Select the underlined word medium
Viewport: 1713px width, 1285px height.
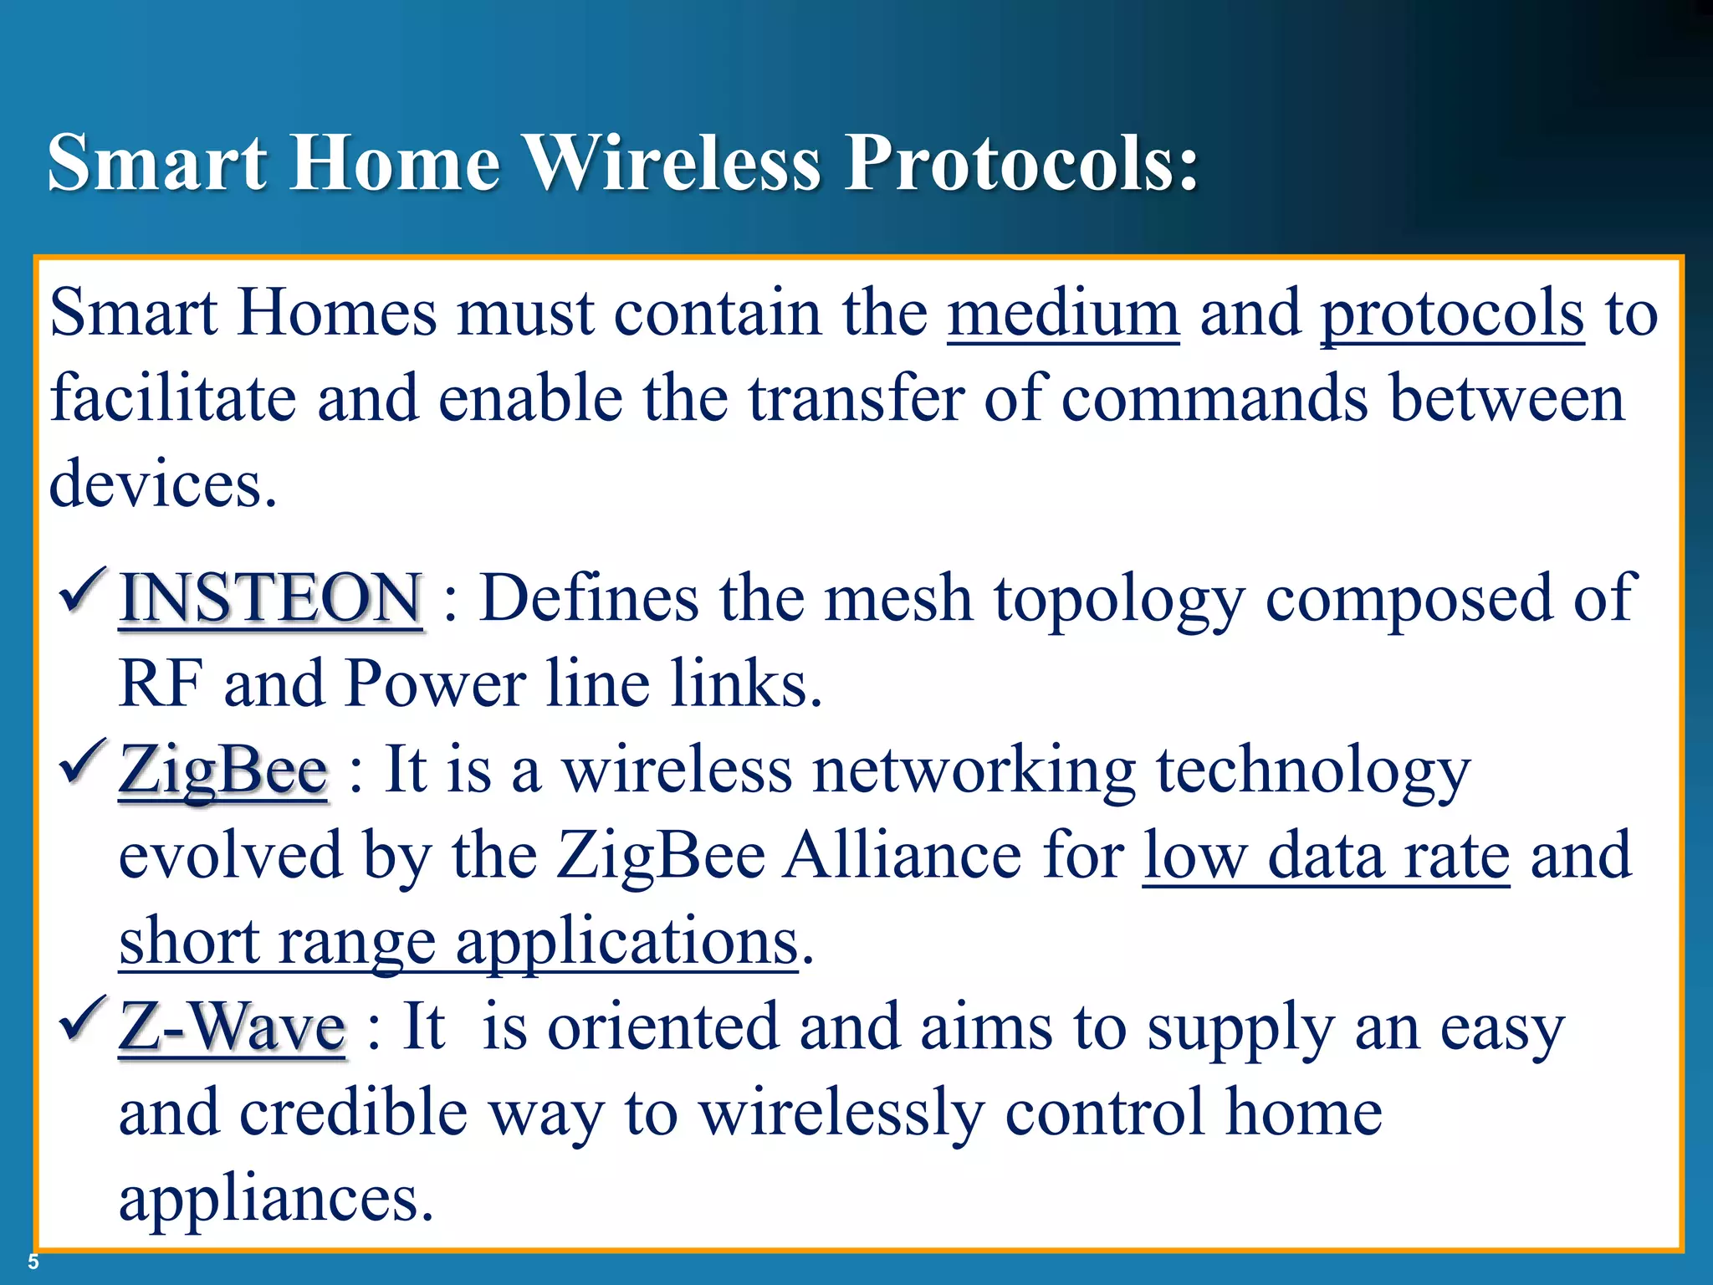1063,313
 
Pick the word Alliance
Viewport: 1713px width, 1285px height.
902,855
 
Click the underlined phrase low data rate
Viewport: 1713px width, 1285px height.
1326,855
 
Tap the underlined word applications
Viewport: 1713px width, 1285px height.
626,942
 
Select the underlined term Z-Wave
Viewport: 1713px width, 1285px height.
232,1026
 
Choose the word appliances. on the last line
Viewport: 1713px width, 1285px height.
276,1198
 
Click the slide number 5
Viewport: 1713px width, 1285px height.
33,1262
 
